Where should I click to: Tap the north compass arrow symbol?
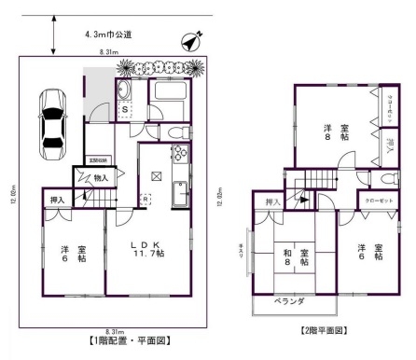tap(192, 42)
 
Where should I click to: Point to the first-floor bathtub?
tap(169, 97)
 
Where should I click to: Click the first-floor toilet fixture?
tap(176, 133)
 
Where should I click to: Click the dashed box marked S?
tap(124, 109)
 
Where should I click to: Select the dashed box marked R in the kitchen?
tap(146, 198)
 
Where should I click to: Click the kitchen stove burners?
tap(178, 155)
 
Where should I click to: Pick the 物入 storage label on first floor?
tap(101, 177)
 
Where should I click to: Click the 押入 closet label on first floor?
tap(57, 200)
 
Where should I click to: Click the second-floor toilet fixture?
tap(385, 179)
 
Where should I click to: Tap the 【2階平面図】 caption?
tap(324, 331)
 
